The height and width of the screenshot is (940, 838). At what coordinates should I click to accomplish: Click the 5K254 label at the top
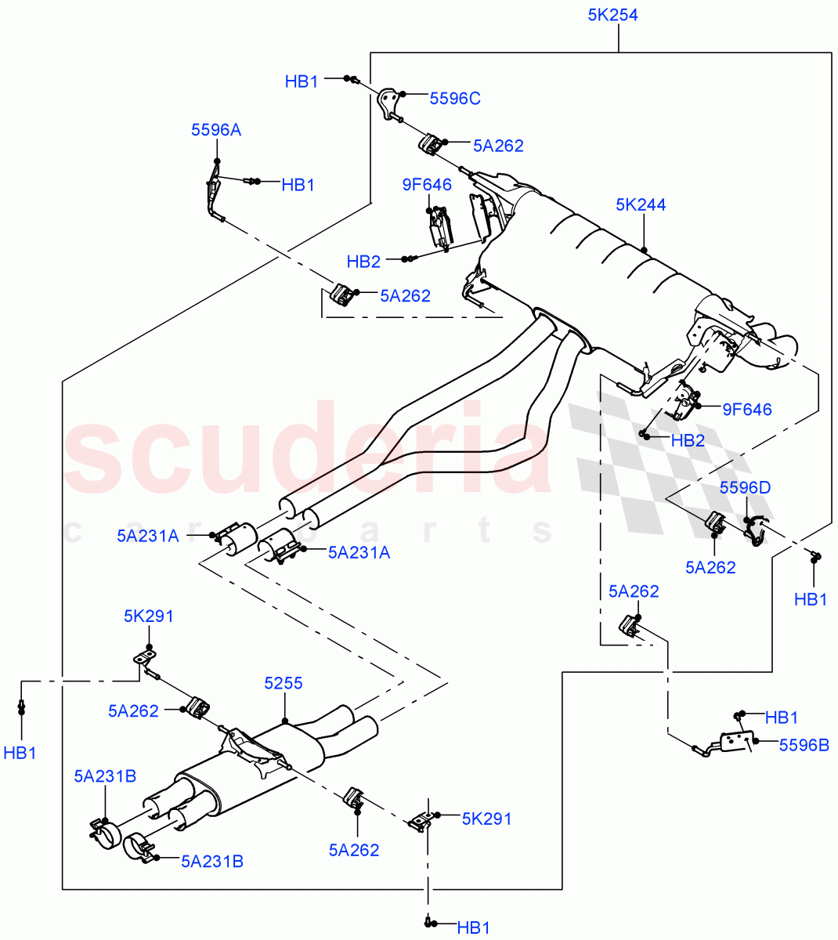tap(612, 15)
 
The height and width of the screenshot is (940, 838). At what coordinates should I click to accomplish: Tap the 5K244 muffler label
tap(641, 205)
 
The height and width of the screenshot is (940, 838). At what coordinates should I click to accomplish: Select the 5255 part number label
tap(284, 684)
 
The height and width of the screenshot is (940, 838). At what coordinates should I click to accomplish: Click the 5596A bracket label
tap(216, 130)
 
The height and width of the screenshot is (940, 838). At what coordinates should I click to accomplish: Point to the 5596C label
tap(455, 99)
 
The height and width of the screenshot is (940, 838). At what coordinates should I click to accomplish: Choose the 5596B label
tap(804, 745)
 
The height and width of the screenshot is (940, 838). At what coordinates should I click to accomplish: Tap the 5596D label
tap(745, 488)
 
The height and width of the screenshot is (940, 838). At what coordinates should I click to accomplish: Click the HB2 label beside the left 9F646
tap(363, 262)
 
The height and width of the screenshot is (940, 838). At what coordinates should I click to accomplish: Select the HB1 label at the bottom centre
tap(473, 928)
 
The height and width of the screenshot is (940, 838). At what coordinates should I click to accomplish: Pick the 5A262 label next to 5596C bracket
tap(498, 146)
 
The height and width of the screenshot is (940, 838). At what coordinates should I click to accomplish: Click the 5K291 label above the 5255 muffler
tap(149, 616)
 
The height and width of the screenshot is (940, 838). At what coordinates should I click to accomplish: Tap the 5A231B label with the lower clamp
tap(212, 862)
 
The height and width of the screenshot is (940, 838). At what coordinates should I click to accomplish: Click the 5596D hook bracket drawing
tap(755, 531)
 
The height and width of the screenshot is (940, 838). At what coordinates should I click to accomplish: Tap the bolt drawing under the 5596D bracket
tap(815, 557)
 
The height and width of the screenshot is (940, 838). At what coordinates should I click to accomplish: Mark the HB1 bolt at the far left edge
tap(22, 707)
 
